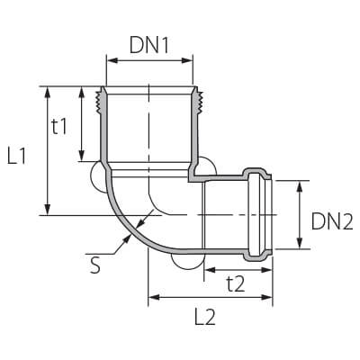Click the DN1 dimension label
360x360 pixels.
point(149,46)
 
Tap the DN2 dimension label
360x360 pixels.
point(332,221)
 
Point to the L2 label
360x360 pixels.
point(205,316)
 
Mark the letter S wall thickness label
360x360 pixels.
point(95,265)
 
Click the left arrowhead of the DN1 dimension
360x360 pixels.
point(112,61)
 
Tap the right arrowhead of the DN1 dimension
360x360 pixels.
point(187,61)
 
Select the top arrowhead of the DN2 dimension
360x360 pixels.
point(300,186)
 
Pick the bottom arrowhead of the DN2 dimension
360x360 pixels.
point(300,243)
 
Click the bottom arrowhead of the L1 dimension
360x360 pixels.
point(47,210)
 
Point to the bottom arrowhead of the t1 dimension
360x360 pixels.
point(82,156)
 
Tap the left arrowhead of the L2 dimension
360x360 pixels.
point(154,297)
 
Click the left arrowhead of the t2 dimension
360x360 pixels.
point(210,270)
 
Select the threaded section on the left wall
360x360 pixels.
point(98,101)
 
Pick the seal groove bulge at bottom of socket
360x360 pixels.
point(256,256)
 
